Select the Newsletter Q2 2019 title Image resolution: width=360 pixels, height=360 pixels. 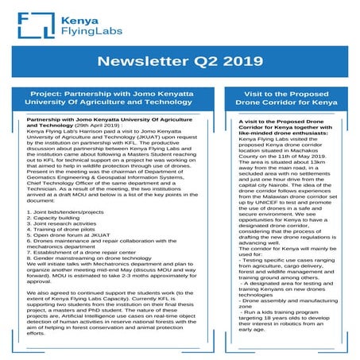pos(180,60)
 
